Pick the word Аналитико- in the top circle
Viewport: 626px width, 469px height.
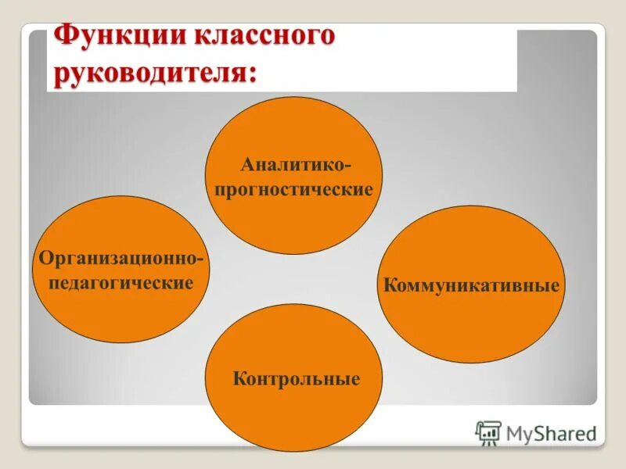click(295, 165)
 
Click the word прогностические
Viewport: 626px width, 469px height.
click(294, 190)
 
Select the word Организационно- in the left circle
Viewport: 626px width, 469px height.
click(122, 258)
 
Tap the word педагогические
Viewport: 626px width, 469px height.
click(121, 282)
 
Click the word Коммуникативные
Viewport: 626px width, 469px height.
click(471, 285)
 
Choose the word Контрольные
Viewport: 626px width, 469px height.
click(296, 380)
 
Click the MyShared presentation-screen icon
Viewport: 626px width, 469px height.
click(488, 432)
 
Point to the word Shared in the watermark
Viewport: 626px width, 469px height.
click(565, 433)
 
